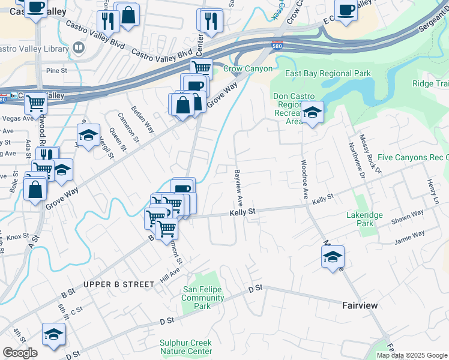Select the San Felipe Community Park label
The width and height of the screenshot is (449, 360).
pos(202,298)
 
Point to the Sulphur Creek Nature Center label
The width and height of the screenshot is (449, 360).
pos(185,347)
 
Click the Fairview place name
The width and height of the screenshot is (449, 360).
pos(360,305)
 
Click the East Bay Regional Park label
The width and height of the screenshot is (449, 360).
pos(328,74)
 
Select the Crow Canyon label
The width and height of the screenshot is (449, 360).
pos(247,69)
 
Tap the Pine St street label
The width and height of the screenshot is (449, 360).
pos(56,70)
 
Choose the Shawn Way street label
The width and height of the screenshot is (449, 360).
pos(408,216)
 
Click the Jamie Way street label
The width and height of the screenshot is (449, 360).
pos(409,237)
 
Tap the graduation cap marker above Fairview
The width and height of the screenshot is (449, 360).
pos(333,257)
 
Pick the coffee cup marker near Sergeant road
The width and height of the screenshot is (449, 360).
pos(346,10)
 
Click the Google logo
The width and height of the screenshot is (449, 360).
pos(20,353)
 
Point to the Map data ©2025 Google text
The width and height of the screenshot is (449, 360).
pos(412,355)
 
